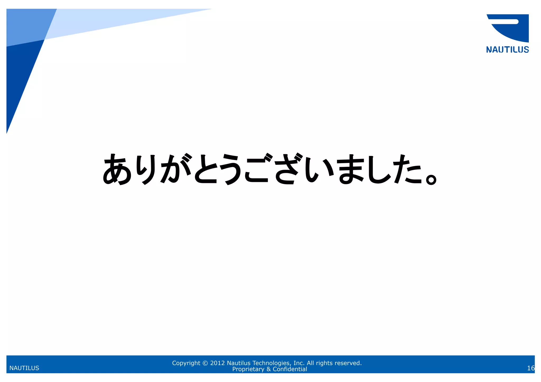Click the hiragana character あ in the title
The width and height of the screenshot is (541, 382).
[x=117, y=169]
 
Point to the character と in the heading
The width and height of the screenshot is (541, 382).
[x=206, y=169]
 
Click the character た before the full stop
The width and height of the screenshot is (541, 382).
[x=407, y=169]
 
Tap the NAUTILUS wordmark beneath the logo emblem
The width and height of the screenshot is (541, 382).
[x=507, y=50]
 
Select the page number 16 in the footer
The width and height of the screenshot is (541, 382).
[x=531, y=368]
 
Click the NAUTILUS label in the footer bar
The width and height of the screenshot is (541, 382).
[x=24, y=368]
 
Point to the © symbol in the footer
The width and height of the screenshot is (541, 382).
[x=205, y=363]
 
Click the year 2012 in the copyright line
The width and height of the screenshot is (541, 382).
[x=217, y=363]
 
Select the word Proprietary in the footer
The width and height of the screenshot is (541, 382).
[x=248, y=369]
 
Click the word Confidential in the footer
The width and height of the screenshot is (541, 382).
[x=290, y=369]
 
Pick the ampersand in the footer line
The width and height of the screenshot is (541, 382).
[x=268, y=369]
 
